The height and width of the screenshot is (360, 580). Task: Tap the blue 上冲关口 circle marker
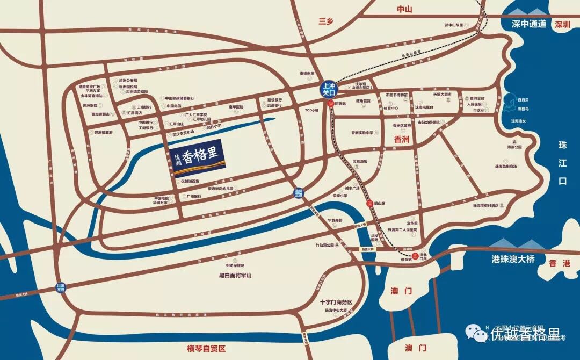[328, 89]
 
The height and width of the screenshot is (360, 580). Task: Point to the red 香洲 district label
[401, 139]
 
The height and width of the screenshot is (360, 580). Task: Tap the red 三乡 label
[326, 21]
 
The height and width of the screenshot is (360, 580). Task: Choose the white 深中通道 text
[528, 24]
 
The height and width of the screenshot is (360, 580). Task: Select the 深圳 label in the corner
[563, 24]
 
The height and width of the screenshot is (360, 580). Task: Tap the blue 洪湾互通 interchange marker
[60, 287]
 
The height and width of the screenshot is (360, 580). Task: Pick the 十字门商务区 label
[335, 303]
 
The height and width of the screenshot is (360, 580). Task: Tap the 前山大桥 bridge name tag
[359, 226]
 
